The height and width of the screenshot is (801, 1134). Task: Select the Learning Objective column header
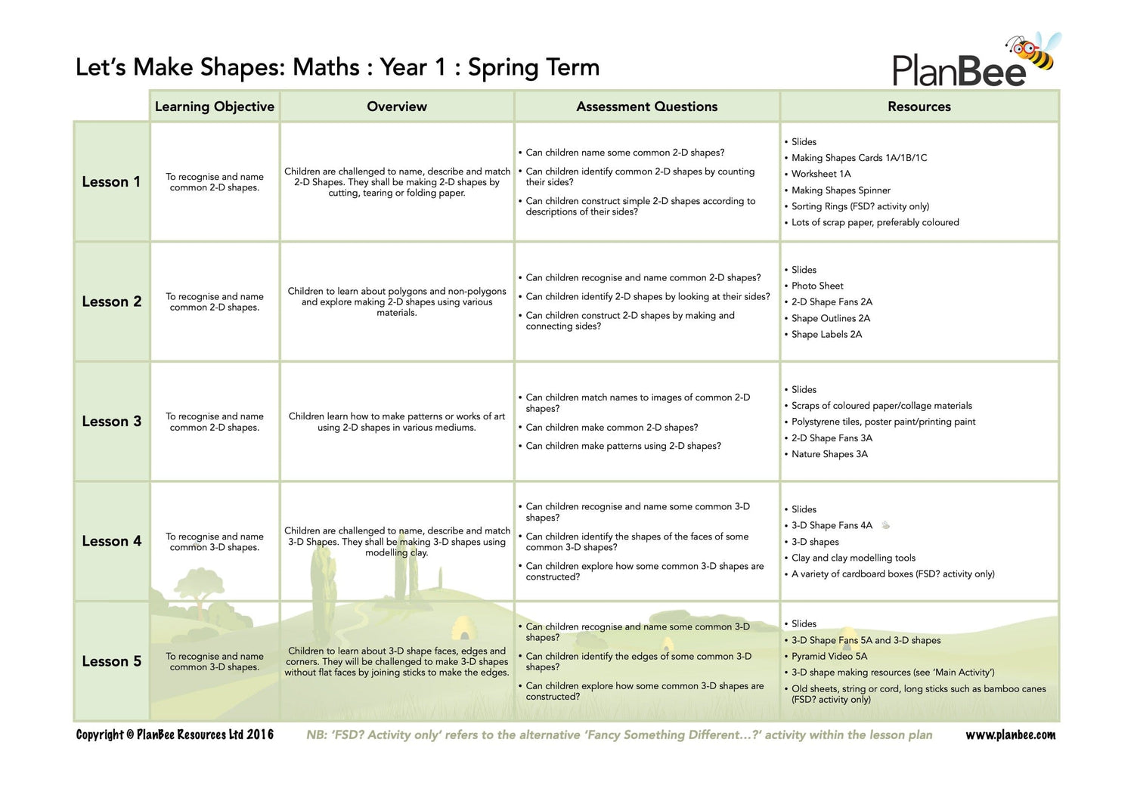pyautogui.click(x=215, y=107)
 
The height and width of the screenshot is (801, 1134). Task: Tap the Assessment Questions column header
pyautogui.click(x=646, y=107)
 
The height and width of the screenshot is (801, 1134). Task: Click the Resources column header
pyautogui.click(x=919, y=107)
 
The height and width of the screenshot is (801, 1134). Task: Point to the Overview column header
pyautogui.click(x=397, y=107)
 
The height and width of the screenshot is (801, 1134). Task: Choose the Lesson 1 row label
pyautogui.click(x=111, y=182)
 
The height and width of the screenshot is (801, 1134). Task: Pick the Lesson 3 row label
pyautogui.click(x=111, y=422)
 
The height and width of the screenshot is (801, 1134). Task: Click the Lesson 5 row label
pyautogui.click(x=111, y=661)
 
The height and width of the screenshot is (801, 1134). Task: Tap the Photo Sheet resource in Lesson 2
pyautogui.click(x=817, y=286)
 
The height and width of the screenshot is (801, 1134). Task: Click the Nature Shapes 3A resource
pyautogui.click(x=829, y=454)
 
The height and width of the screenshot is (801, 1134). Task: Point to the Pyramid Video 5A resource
pyautogui.click(x=829, y=657)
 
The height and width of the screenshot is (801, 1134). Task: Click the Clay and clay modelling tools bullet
pyautogui.click(x=853, y=558)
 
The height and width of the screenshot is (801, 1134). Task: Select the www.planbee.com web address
pyautogui.click(x=1010, y=735)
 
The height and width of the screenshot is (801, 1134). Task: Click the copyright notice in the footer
pyautogui.click(x=175, y=735)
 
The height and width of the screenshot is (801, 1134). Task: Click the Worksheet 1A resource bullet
pyautogui.click(x=821, y=174)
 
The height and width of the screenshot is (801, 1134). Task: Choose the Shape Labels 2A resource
pyautogui.click(x=826, y=334)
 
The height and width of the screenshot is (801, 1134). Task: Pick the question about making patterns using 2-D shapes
pyautogui.click(x=623, y=446)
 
